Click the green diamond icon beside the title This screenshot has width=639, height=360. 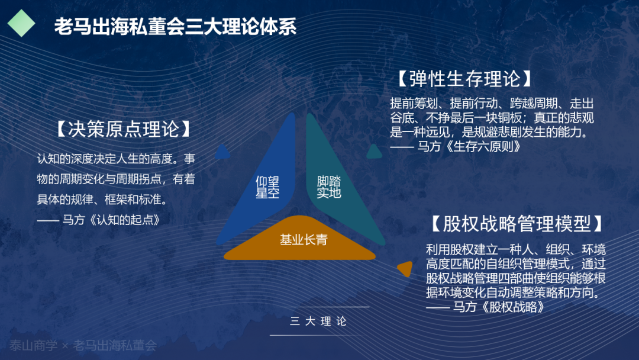[x=22, y=23]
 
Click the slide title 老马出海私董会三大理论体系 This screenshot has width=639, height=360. [x=175, y=27]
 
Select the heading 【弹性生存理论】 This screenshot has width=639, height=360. [x=465, y=79]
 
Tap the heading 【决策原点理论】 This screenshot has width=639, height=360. [x=124, y=129]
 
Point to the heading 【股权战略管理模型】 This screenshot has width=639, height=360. [x=517, y=224]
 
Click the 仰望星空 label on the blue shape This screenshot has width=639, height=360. [x=267, y=187]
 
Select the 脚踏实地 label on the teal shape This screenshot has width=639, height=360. [x=329, y=187]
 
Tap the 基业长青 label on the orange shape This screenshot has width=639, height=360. [x=304, y=240]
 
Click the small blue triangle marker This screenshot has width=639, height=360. [x=222, y=152]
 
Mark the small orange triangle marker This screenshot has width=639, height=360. [x=405, y=269]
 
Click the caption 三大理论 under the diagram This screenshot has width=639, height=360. [x=318, y=322]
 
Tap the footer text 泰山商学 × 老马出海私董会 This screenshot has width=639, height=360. [x=83, y=346]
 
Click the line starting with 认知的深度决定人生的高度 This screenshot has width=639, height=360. [x=116, y=159]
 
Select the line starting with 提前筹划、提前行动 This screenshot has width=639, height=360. [x=492, y=104]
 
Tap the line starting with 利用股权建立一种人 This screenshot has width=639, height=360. [x=516, y=249]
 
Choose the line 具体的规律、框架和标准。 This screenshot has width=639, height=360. [x=102, y=200]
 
